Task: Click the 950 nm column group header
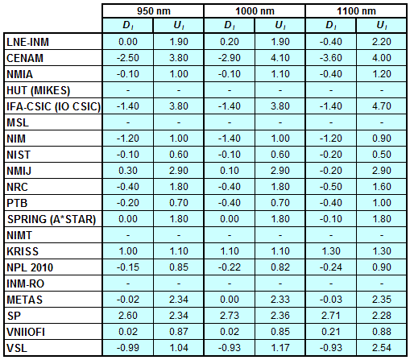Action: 154,11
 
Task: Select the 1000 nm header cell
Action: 255,11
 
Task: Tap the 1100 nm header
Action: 356,11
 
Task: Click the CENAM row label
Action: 25,58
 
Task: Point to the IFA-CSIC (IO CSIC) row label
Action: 53,106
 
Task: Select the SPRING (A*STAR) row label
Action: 52,219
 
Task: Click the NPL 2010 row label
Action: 30,267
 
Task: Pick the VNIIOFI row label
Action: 26,332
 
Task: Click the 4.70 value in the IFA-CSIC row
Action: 382,106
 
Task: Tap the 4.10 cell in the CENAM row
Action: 280,58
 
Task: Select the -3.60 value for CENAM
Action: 331,58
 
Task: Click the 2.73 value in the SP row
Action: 230,316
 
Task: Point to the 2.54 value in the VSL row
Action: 382,348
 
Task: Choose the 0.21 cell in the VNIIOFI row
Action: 331,332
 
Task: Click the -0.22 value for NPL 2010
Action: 230,267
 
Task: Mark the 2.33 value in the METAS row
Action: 280,300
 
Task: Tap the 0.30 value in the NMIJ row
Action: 128,171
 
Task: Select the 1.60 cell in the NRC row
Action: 382,187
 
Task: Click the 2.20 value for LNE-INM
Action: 382,42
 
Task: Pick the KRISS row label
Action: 23,251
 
